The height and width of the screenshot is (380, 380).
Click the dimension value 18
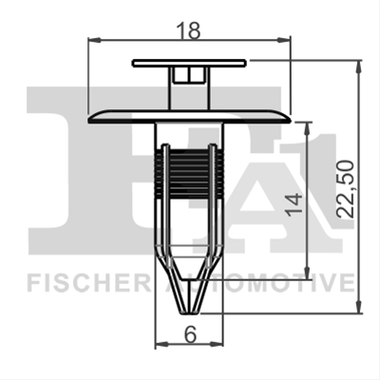tap(188, 30)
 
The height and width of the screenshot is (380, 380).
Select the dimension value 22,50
tap(345, 189)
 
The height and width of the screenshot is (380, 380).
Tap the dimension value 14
tap(294, 204)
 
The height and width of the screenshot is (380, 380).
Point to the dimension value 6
tap(190, 333)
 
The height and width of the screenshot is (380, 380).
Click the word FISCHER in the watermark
tap(89, 283)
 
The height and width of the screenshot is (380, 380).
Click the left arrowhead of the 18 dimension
tap(94, 40)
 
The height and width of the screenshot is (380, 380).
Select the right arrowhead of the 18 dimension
tap(283, 40)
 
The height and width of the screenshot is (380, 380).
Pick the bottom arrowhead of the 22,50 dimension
tap(358, 307)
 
